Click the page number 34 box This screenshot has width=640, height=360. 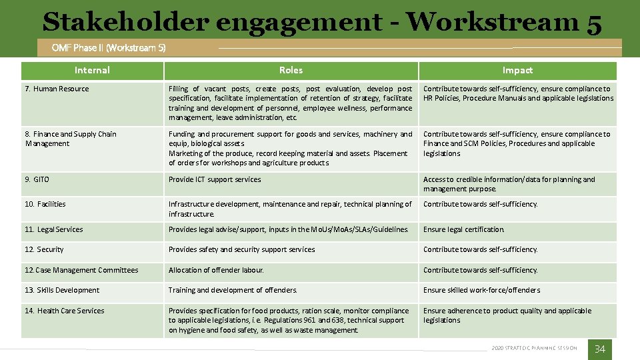[599, 349]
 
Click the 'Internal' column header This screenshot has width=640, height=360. [92, 70]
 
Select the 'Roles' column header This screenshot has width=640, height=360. [291, 70]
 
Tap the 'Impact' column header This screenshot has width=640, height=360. [517, 70]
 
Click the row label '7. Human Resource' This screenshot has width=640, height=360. [57, 89]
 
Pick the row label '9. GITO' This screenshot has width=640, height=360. [37, 179]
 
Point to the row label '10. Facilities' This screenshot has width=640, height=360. [45, 204]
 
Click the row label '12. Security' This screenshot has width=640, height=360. [44, 249]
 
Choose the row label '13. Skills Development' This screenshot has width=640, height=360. [62, 290]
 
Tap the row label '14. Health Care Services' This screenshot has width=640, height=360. [65, 311]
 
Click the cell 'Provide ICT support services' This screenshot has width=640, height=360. [215, 179]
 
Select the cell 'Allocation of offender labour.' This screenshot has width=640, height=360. [216, 270]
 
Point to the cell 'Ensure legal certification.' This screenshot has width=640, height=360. [464, 229]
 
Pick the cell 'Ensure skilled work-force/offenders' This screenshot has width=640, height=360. [481, 290]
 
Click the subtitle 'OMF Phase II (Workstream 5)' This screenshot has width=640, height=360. [109, 48]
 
